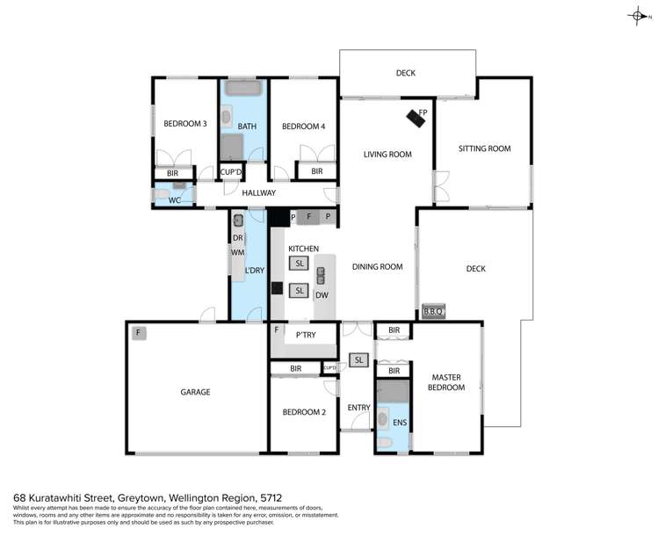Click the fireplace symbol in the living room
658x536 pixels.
point(416,119)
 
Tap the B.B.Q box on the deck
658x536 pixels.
point(433,311)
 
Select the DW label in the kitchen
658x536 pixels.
point(322,295)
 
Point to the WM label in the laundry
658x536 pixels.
point(236,253)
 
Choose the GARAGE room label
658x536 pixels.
point(196,392)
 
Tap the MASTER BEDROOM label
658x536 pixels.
point(446,382)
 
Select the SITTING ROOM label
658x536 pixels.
point(484,149)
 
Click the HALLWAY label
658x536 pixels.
point(258,193)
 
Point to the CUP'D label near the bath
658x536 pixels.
point(231,172)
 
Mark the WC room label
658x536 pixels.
point(174,200)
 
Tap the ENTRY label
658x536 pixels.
point(358,408)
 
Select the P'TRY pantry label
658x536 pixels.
point(305,335)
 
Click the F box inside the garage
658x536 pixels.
point(138,333)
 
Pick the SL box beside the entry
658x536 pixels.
point(358,359)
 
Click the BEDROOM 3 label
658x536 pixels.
point(184,125)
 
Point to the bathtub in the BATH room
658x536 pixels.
point(242,91)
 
